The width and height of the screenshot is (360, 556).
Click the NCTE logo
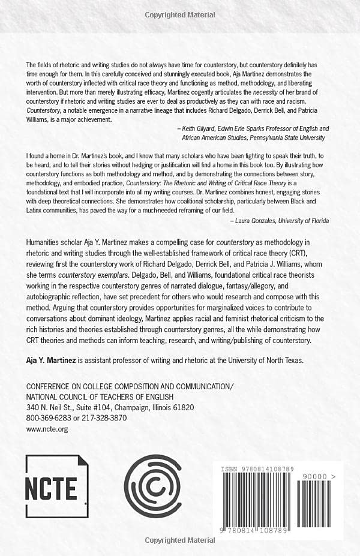click(57, 486)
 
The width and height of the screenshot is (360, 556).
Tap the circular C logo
click(152, 486)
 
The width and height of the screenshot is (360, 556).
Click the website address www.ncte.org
click(47, 429)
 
